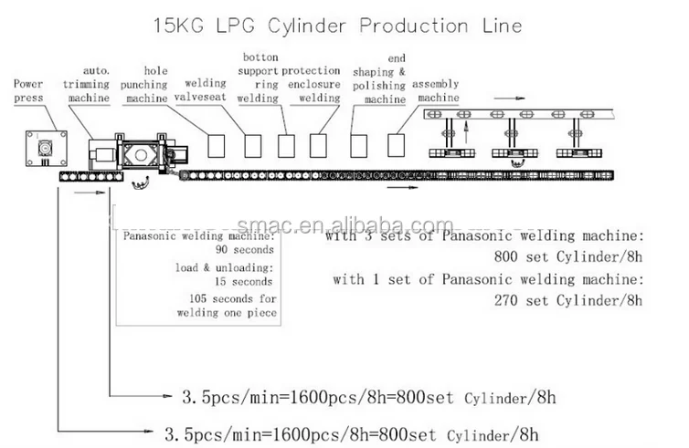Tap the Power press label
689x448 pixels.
pos(28,89)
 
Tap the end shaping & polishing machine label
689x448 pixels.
pos(385,84)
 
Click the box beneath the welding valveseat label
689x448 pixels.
pos(217,144)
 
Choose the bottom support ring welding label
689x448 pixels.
pos(258,77)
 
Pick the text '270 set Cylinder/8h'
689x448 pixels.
pos(567,298)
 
